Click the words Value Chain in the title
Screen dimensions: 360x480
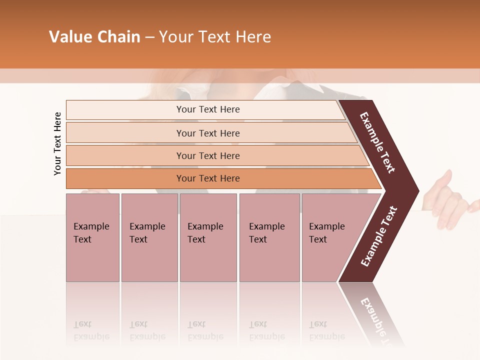[94, 37]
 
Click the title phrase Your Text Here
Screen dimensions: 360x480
[215, 37]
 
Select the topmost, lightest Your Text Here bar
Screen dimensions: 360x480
[207, 109]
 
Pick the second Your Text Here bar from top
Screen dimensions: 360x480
[207, 133]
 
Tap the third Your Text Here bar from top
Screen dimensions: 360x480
[207, 155]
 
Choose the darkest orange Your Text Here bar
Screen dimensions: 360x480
[207, 178]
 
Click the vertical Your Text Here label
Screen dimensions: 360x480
[57, 143]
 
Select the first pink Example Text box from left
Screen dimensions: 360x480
[92, 237]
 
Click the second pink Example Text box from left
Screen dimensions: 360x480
[149, 237]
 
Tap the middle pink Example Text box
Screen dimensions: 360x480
[208, 237]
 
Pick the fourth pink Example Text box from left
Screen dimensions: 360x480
[269, 237]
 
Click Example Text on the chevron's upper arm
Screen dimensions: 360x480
[377, 142]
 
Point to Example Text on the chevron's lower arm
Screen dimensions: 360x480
[379, 236]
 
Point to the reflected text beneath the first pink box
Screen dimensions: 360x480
[91, 330]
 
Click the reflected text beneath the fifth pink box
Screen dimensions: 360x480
[326, 330]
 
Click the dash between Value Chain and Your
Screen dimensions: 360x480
[149, 38]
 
